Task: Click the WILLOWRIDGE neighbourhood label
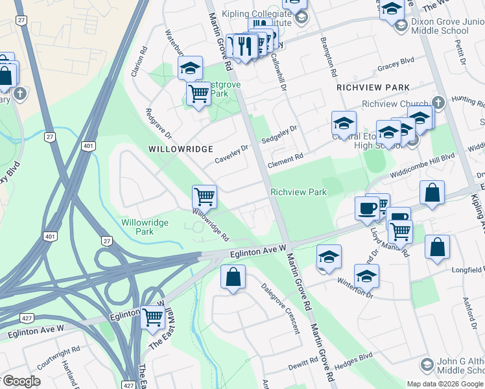[181, 149]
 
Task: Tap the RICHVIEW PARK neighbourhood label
[373, 88]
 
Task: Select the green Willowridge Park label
[145, 227]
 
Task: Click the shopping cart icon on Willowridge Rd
[204, 196]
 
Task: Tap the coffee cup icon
[367, 208]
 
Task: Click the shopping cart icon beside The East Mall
[153, 318]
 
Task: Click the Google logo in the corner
[21, 381]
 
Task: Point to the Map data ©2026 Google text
[445, 384]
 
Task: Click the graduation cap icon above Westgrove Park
[190, 67]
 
